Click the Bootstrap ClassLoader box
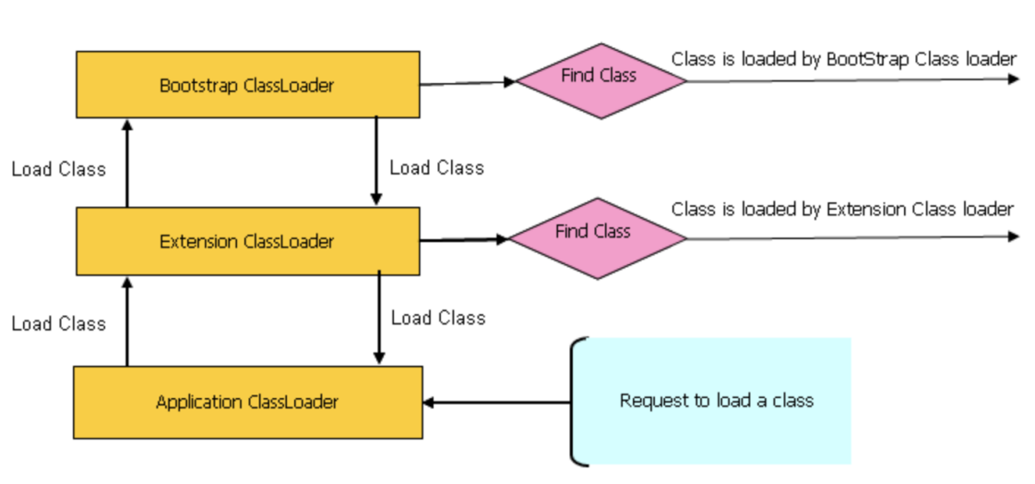tap(247, 85)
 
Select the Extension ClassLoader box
tap(247, 242)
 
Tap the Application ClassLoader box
tap(247, 402)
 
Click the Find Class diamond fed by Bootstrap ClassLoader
tap(601, 80)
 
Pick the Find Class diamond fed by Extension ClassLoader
tap(596, 237)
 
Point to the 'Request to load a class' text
tap(716, 401)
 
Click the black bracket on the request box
tap(575, 401)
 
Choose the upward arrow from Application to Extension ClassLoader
tap(127, 321)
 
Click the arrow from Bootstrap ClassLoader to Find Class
tap(467, 82)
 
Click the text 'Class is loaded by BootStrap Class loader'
tap(843, 59)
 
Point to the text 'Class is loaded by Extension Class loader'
tap(841, 210)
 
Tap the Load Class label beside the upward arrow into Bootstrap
tap(58, 169)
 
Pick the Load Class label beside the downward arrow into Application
tap(438, 318)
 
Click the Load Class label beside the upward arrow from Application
tap(58, 324)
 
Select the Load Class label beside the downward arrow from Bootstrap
tap(436, 168)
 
